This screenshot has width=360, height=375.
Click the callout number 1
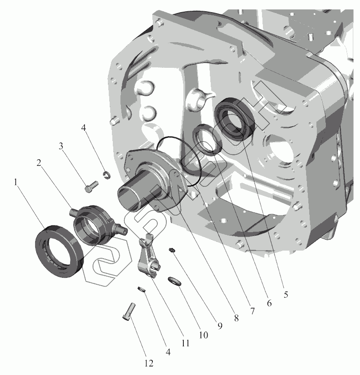tap(16, 182)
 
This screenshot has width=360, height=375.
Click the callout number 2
tap(39, 163)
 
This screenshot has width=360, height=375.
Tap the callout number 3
tap(61, 146)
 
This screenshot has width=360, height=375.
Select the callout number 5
tap(285, 295)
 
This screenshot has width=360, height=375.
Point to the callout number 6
tap(269, 303)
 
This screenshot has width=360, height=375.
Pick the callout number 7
tap(252, 311)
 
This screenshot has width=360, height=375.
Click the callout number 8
tap(236, 318)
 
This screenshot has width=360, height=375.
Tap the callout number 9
tap(220, 326)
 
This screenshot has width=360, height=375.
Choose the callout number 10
tap(203, 335)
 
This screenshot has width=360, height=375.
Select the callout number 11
tap(185, 343)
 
